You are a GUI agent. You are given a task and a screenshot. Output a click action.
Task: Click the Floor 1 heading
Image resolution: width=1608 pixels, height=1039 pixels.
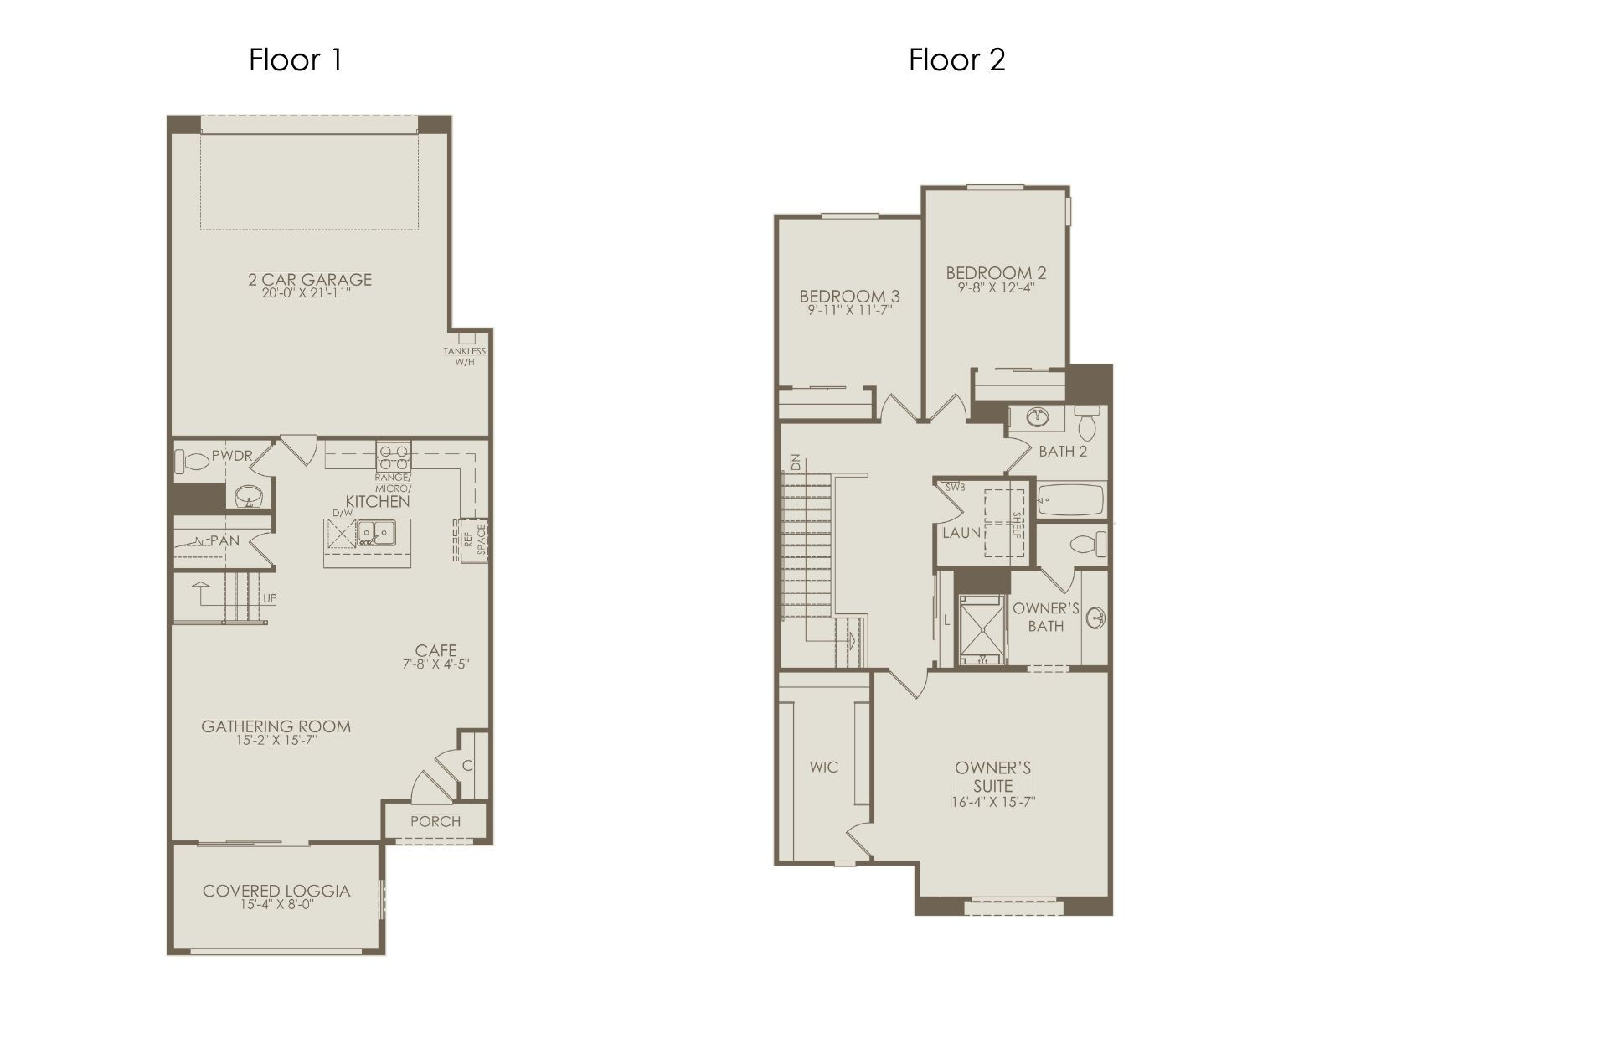point(296,59)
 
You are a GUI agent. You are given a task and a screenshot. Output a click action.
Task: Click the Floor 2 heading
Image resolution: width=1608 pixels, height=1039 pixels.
point(957,59)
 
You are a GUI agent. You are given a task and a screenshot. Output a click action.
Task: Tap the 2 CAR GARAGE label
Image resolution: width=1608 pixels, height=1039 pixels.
point(310,280)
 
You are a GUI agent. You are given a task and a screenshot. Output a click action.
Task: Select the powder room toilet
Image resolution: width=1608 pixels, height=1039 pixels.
point(192,462)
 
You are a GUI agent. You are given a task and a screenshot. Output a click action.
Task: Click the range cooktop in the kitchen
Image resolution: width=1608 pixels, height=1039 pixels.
point(393,457)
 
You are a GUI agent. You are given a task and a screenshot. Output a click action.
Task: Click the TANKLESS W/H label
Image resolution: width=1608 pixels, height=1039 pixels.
point(465,357)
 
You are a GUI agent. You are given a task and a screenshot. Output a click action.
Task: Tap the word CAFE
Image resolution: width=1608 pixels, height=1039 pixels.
point(436,650)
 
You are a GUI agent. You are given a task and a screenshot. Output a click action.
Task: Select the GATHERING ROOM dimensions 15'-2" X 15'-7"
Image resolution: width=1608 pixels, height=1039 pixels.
point(276,741)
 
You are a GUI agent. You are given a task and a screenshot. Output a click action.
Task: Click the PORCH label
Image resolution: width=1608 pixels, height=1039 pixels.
point(435,821)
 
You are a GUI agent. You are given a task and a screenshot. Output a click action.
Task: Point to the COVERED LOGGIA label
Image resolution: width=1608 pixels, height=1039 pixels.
point(276,891)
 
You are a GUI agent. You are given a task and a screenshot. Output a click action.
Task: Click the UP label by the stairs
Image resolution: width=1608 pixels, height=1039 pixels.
point(270,598)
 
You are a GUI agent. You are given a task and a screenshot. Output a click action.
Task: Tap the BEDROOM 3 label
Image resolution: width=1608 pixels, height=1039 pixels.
point(849,296)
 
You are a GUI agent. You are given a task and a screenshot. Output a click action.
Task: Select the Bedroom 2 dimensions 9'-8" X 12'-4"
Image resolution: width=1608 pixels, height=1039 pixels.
point(997,287)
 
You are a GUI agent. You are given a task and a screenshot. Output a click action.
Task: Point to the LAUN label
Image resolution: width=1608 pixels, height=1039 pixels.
point(961,533)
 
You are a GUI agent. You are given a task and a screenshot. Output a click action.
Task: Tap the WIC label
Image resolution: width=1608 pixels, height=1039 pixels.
point(824,767)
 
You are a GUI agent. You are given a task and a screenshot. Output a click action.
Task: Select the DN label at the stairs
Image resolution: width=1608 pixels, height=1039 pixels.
point(796,462)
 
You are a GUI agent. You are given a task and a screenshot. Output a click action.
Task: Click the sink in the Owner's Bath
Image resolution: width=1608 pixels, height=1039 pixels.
point(1095,618)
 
